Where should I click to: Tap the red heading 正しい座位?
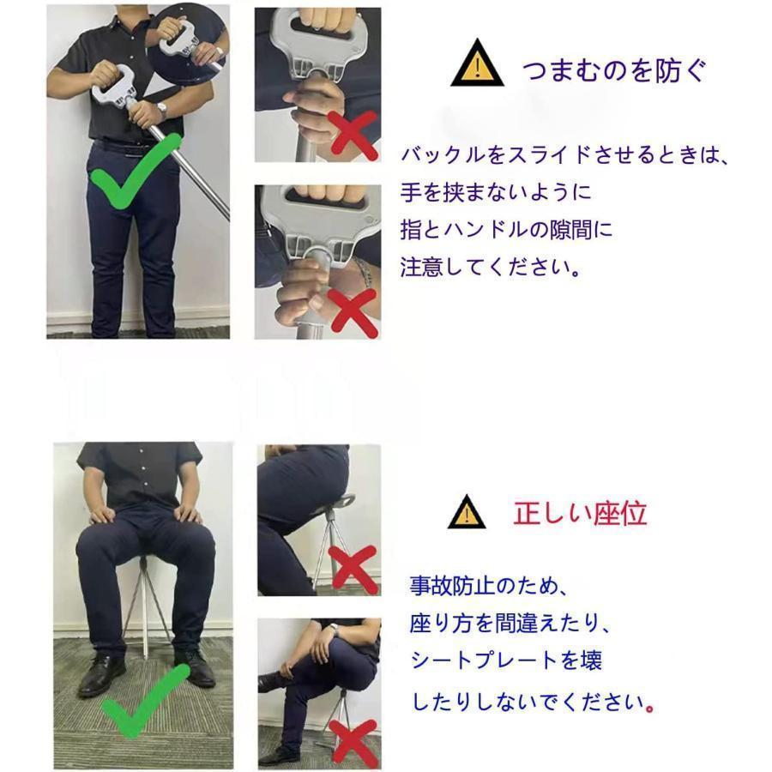click(x=580, y=513)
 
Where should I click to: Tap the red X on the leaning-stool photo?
click(x=354, y=569)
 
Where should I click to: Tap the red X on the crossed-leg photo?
click(x=354, y=742)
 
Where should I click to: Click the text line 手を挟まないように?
click(x=495, y=191)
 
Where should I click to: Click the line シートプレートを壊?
click(x=507, y=660)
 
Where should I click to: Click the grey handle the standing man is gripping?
click(x=112, y=81)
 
